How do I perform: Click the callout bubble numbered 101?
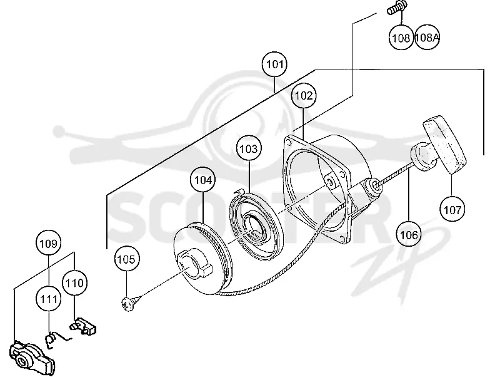(274, 65)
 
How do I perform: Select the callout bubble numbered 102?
(304, 96)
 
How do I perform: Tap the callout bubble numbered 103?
(249, 148)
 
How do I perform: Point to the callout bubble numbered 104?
(203, 180)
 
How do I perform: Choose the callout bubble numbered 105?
(127, 259)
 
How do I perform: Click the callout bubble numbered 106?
(409, 235)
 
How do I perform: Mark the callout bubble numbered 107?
(452, 210)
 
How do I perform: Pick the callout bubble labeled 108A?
(427, 38)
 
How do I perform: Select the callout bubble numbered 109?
(48, 244)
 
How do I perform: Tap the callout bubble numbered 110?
(74, 283)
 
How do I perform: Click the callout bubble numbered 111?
(49, 299)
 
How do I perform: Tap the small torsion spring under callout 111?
(56, 339)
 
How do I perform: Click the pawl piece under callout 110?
(83, 326)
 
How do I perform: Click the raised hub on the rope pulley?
(194, 263)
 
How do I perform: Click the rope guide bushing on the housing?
(374, 186)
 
